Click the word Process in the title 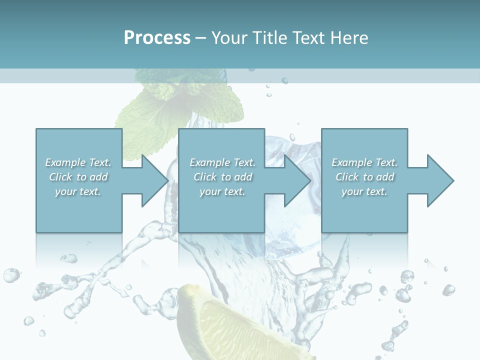pyautogui.click(x=157, y=38)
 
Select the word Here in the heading pyautogui.click(x=350, y=38)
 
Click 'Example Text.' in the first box pyautogui.click(x=78, y=162)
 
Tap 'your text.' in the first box pyautogui.click(x=78, y=191)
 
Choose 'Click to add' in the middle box pyautogui.click(x=222, y=177)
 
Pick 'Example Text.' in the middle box pyautogui.click(x=222, y=162)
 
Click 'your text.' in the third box pyautogui.click(x=364, y=191)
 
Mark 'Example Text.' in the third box pyautogui.click(x=364, y=162)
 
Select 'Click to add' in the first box pyautogui.click(x=78, y=177)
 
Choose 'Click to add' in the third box pyautogui.click(x=364, y=177)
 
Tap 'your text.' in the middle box pyautogui.click(x=222, y=191)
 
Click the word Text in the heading pyautogui.click(x=308, y=38)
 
